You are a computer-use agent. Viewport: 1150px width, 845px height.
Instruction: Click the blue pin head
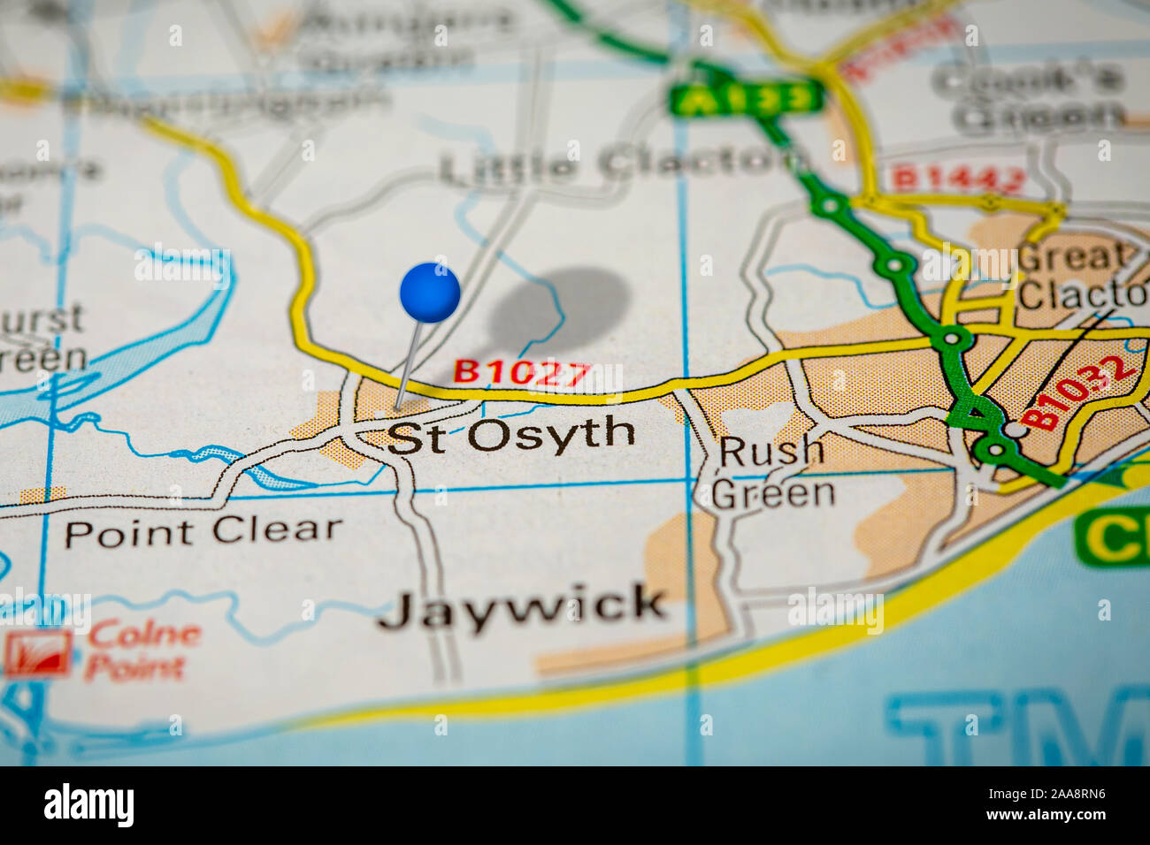point(430,292)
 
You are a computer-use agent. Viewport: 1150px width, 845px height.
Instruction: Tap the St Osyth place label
point(511,436)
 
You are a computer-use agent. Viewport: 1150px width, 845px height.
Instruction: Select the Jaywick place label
point(522,608)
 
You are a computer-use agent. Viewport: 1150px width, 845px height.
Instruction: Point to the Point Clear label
point(203,531)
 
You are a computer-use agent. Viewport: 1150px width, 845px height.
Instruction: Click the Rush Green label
point(772,473)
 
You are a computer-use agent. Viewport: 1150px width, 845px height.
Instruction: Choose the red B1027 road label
point(522,372)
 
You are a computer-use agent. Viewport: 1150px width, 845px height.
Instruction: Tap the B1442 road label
point(957,179)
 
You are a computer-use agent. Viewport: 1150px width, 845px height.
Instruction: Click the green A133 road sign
point(747,98)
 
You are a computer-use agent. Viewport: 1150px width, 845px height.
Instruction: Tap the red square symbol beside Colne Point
point(37,652)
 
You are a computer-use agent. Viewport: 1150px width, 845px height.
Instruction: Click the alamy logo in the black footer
point(88,805)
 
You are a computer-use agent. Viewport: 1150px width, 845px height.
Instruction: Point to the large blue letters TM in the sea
point(1017,725)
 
